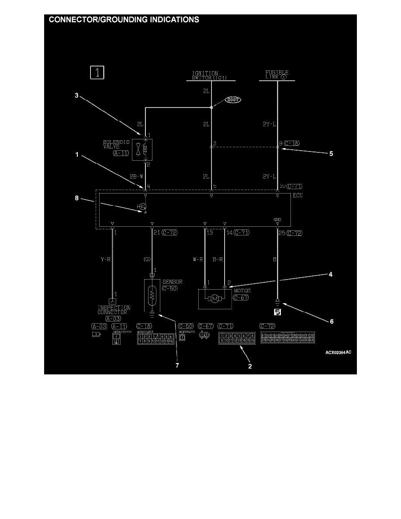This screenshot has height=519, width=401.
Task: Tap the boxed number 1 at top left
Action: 97,72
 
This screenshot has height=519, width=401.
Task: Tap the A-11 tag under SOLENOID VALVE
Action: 121,153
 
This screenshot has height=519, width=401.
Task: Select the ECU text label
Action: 298,196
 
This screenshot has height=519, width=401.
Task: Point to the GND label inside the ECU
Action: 277,220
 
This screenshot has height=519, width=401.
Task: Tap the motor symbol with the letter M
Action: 214,299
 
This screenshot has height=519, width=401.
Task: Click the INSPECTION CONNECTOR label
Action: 114,310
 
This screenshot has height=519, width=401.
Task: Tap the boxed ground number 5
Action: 277,312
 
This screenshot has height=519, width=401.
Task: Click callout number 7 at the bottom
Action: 177,365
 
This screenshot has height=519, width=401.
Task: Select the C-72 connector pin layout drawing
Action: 287,337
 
